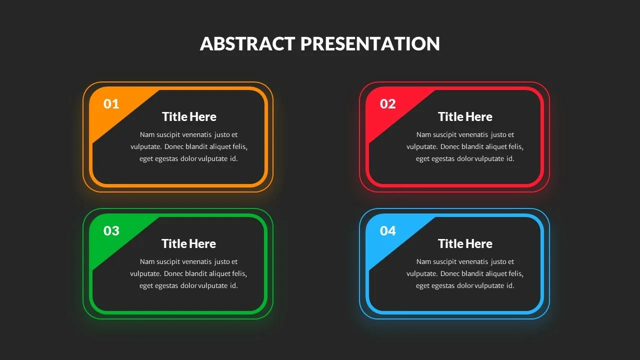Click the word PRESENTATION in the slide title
click(370, 44)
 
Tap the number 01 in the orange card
click(111, 104)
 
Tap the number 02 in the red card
click(387, 104)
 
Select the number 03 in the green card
click(111, 231)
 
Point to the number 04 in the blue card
click(387, 231)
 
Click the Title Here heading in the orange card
click(189, 117)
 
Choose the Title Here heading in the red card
click(465, 117)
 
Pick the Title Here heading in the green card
click(188, 244)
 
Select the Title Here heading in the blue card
click(465, 244)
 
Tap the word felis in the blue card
click(515, 274)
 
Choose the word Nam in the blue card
click(423, 261)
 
